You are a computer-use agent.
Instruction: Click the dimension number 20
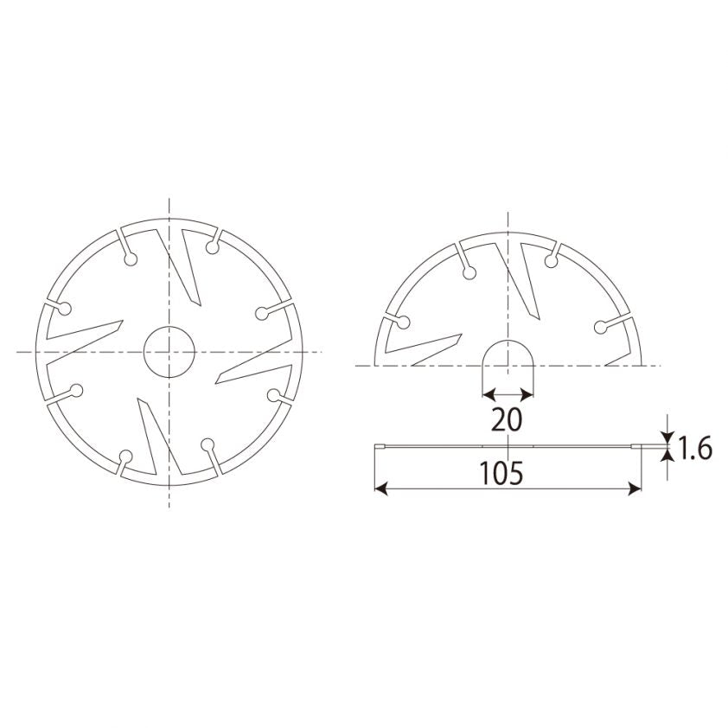(507, 419)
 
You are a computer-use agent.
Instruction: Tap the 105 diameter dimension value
(501, 473)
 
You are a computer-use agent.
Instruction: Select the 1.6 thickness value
(695, 449)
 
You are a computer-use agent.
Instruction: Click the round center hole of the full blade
(169, 352)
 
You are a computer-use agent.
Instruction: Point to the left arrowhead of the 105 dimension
(380, 489)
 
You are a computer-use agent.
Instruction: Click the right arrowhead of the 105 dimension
(635, 489)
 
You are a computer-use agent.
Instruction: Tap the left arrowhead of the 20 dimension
(489, 395)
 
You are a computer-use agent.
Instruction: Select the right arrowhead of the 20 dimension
(527, 395)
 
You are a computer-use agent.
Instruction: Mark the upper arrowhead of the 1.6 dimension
(667, 437)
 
